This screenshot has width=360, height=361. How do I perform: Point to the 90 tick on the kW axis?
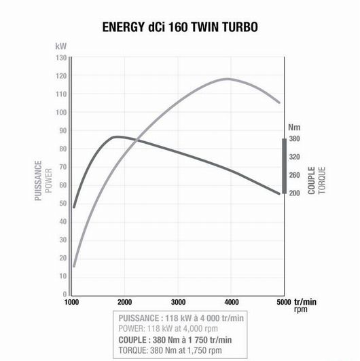coord(62,130)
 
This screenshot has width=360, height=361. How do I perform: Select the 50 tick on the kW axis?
coord(62,203)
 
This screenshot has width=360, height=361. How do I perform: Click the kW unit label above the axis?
coord(61,46)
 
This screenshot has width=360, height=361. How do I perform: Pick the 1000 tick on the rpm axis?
coord(72,302)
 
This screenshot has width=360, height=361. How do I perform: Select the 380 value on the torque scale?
coord(295,138)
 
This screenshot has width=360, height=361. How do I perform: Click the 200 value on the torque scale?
coord(295,193)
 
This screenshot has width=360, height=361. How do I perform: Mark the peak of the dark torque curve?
coord(117,136)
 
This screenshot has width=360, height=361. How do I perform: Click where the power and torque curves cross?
coord(138,140)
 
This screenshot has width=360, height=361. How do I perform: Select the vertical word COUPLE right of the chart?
coord(311,180)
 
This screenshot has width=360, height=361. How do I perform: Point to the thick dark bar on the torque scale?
coord(284,166)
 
